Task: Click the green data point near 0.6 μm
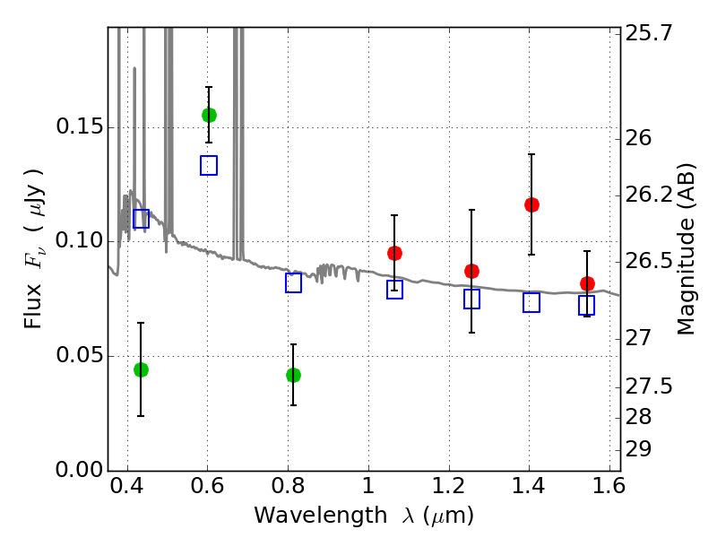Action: pos(209,116)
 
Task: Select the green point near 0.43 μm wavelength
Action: pos(141,369)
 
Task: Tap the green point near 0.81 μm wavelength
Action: pos(293,375)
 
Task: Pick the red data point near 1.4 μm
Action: pos(531,204)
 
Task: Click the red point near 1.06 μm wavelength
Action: pos(394,253)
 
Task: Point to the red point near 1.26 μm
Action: pos(471,272)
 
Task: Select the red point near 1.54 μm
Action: pos(587,283)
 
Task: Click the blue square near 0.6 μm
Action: pos(209,165)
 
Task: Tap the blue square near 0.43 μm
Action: pos(141,219)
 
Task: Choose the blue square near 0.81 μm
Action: pos(293,282)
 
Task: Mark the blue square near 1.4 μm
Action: pos(531,302)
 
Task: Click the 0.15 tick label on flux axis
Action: pos(80,126)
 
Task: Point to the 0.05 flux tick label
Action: pos(80,354)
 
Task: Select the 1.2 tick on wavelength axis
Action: pos(449,486)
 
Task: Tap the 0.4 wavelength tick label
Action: pos(127,486)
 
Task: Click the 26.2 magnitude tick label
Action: pos(649,195)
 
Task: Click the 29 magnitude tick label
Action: pos(638,449)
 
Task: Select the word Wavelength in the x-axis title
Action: pos(321,515)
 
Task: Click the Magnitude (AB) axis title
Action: pos(685,249)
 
